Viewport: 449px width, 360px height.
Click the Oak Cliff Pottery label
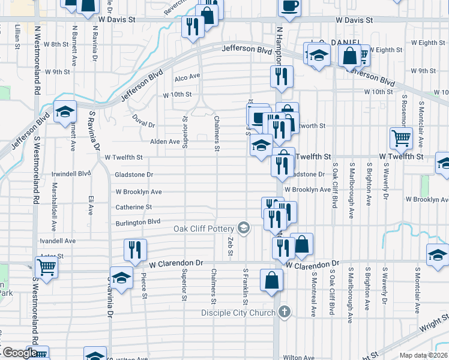pyautogui.click(x=204, y=228)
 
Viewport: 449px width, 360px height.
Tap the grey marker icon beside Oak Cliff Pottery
pyautogui.click(x=244, y=227)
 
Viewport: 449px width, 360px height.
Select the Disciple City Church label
pyautogui.click(x=239, y=313)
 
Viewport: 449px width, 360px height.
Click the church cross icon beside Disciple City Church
pyautogui.click(x=285, y=312)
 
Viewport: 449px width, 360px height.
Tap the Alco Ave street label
pyautogui.click(x=187, y=77)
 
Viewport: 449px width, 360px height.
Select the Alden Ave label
pyautogui.click(x=165, y=142)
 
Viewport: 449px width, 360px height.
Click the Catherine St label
pyautogui.click(x=133, y=207)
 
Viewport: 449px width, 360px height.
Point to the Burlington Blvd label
pyautogui.click(x=139, y=223)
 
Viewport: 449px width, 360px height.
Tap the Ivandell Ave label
pyautogui.click(x=58, y=241)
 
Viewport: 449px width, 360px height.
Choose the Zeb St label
pyautogui.click(x=230, y=245)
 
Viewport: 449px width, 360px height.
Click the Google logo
pyautogui.click(x=19, y=353)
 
